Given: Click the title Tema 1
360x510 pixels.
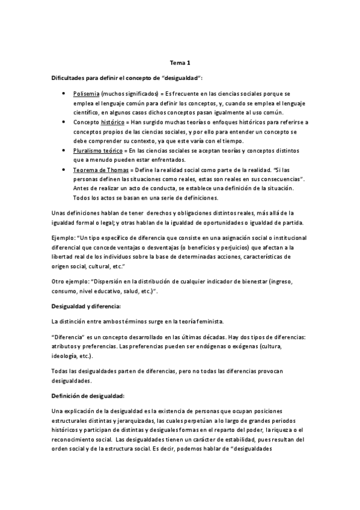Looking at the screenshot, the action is [x=180, y=62].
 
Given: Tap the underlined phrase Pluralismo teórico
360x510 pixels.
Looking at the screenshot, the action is [x=97, y=150].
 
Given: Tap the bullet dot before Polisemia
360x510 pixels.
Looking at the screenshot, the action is [x=64, y=94].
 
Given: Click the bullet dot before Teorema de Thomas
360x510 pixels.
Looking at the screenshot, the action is [x=64, y=170].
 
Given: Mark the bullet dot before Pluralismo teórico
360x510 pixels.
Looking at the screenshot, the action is [x=64, y=150].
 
